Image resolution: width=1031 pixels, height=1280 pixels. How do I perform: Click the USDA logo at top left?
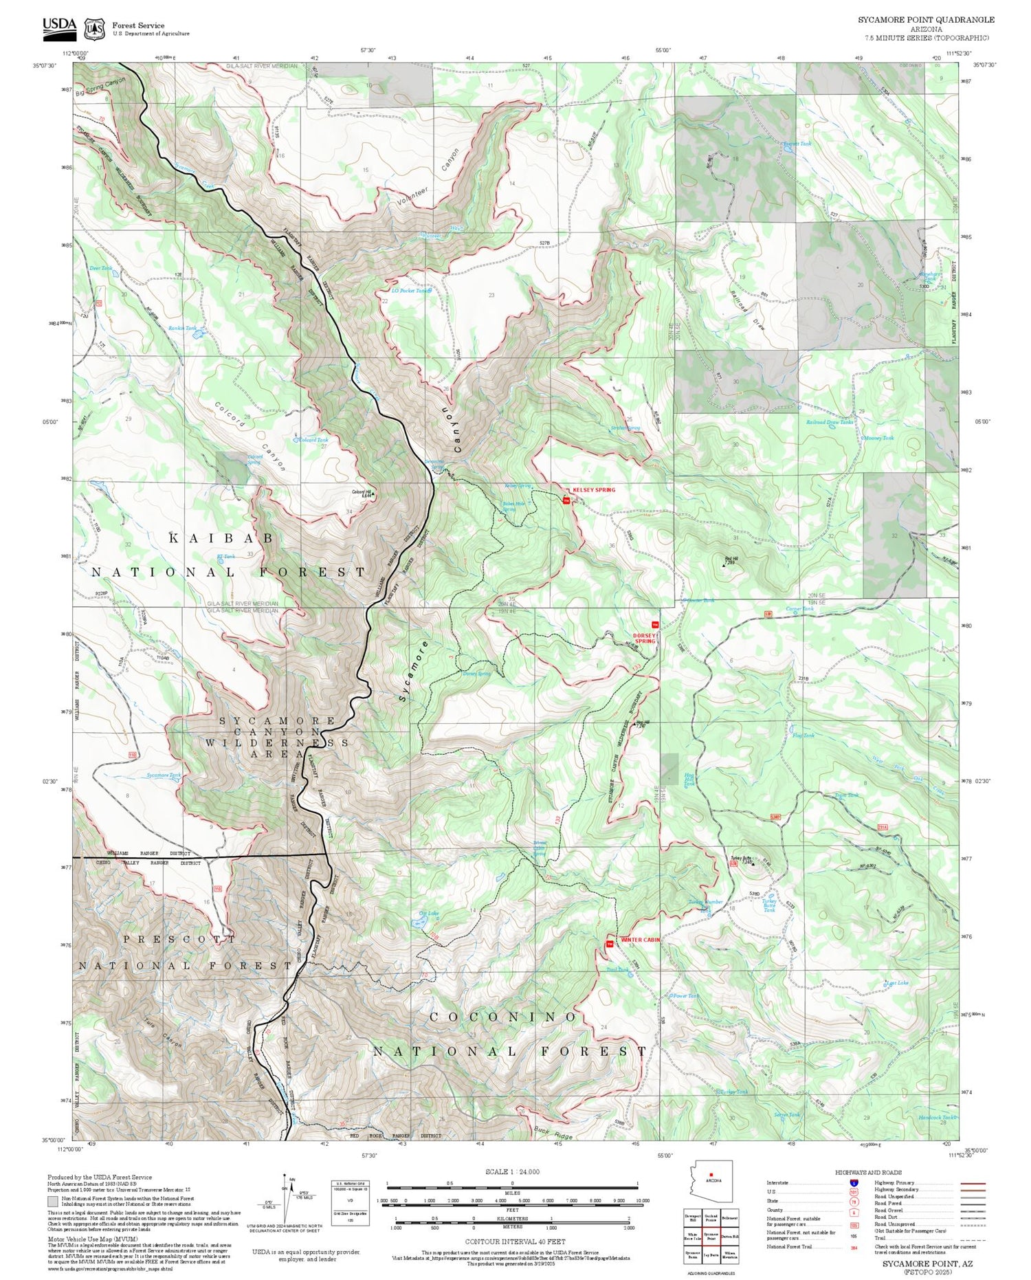(59, 26)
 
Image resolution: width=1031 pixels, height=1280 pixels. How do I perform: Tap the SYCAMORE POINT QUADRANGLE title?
(925, 20)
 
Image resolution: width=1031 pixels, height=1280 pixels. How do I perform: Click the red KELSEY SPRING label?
(594, 490)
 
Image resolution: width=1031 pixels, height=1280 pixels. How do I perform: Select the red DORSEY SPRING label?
(645, 638)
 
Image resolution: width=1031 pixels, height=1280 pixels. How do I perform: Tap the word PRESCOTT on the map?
(179, 938)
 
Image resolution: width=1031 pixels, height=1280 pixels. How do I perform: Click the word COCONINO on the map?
(503, 1017)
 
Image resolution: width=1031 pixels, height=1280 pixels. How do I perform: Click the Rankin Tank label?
(181, 329)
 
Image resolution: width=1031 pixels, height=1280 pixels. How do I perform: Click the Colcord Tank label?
(313, 440)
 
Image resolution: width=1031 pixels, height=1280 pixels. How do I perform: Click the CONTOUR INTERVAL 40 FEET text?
(515, 1242)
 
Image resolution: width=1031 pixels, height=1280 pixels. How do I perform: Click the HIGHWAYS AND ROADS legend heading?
(868, 1172)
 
